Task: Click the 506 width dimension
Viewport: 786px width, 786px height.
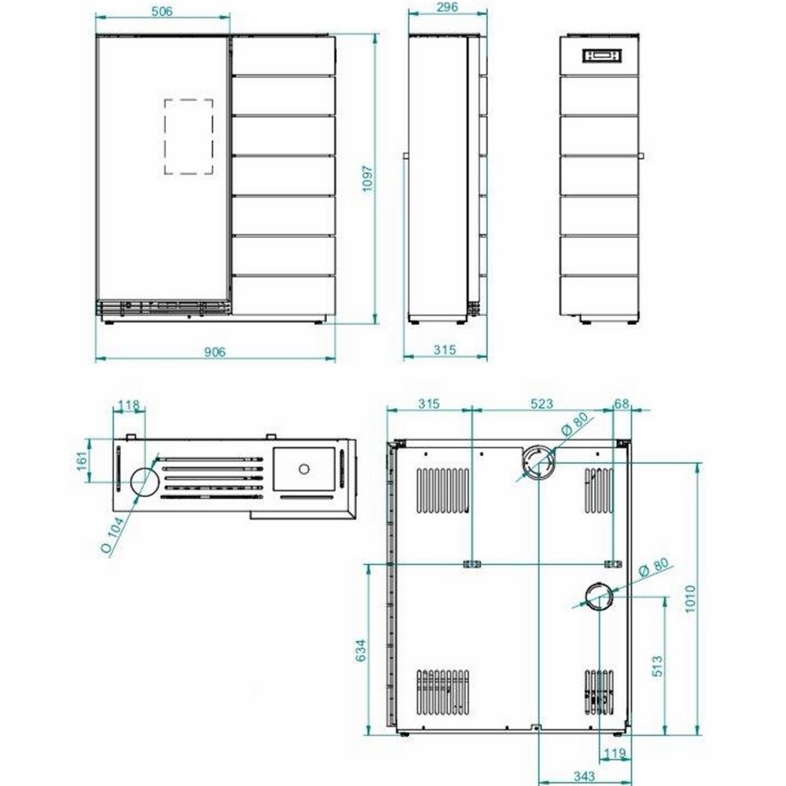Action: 162,11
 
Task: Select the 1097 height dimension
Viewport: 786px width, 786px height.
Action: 368,179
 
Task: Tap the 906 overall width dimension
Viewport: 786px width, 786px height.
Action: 215,352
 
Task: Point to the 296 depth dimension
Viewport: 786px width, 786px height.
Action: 447,7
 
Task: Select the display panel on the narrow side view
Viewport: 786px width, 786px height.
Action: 601,56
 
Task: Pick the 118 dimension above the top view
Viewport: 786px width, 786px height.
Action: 129,405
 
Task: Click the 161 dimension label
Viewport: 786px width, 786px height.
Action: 83,461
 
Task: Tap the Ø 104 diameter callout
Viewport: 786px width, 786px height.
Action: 113,534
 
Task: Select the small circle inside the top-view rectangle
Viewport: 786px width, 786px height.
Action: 303,469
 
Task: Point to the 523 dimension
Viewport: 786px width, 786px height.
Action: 542,403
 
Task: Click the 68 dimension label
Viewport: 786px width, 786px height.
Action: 622,403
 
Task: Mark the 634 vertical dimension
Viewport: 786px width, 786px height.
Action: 361,650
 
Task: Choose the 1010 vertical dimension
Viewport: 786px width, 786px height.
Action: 690,598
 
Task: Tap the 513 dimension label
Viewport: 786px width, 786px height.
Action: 658,666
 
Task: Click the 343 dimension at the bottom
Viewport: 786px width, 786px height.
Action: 584,777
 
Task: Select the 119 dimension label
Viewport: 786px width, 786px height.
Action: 615,753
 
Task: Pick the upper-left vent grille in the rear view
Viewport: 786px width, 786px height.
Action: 443,490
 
